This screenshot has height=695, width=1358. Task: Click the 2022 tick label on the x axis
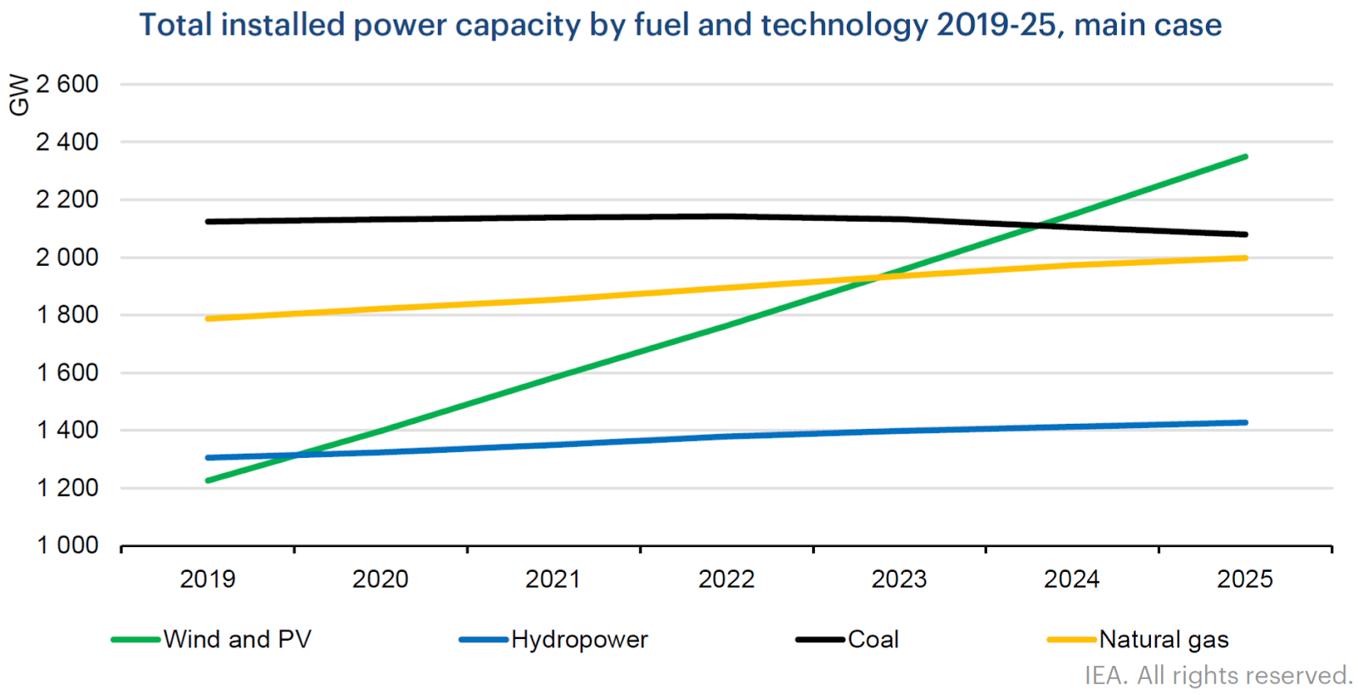pos(726,579)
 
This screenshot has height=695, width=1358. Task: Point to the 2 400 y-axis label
pos(67,142)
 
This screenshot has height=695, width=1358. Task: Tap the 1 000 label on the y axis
pos(67,545)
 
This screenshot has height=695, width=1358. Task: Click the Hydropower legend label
pos(579,639)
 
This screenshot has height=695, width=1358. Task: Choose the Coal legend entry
pos(873,639)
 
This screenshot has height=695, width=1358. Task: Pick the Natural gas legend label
pos(1163,639)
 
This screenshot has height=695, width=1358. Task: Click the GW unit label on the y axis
pos(19,94)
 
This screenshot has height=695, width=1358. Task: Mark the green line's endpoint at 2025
pos(1244,156)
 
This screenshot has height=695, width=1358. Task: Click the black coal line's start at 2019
pos(209,222)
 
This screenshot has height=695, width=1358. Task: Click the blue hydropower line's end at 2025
pos(1244,422)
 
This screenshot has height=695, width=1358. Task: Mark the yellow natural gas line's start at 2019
pos(209,319)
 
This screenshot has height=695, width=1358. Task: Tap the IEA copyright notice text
pos(1218,675)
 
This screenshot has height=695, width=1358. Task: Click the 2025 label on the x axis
pos(1244,579)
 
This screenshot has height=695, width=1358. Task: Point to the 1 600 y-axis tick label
pos(67,372)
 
